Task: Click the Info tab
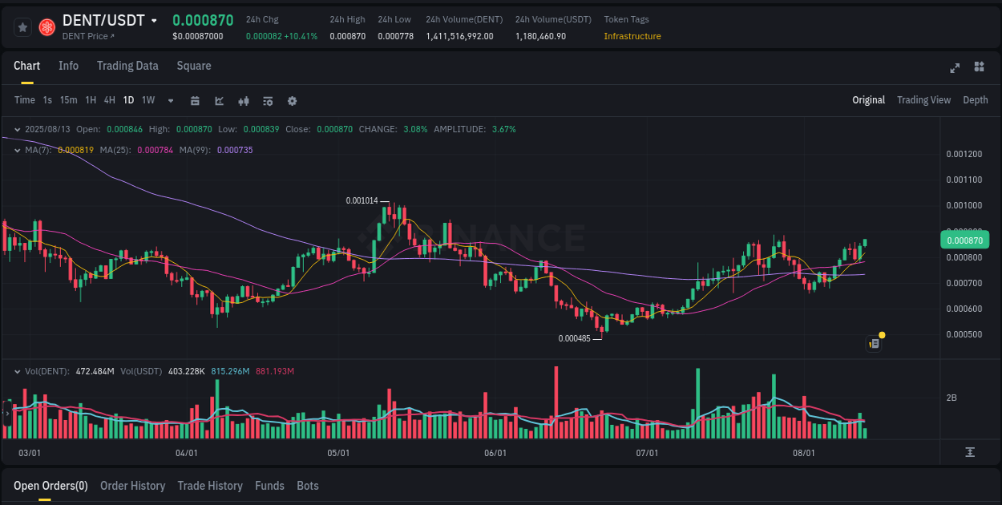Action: pyautogui.click(x=68, y=66)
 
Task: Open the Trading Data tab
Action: pyautogui.click(x=127, y=66)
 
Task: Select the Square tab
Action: pyautogui.click(x=194, y=66)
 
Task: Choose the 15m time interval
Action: pyautogui.click(x=68, y=100)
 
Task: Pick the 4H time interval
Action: pyautogui.click(x=109, y=100)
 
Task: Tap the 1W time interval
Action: pyautogui.click(x=148, y=100)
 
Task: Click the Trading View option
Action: pyautogui.click(x=923, y=100)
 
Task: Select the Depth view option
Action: pyautogui.click(x=975, y=100)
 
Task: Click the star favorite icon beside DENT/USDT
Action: pyautogui.click(x=23, y=27)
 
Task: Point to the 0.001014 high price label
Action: pyautogui.click(x=362, y=200)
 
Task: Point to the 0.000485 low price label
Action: pyautogui.click(x=574, y=338)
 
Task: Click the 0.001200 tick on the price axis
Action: pyautogui.click(x=964, y=154)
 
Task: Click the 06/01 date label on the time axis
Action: pyautogui.click(x=495, y=453)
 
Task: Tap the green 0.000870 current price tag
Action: pyautogui.click(x=964, y=240)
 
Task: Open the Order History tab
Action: pyautogui.click(x=132, y=486)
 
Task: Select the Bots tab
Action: pyautogui.click(x=307, y=486)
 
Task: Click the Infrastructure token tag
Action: pyautogui.click(x=632, y=36)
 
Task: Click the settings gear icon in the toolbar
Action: pyautogui.click(x=292, y=101)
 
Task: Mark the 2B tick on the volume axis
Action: pyautogui.click(x=951, y=398)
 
